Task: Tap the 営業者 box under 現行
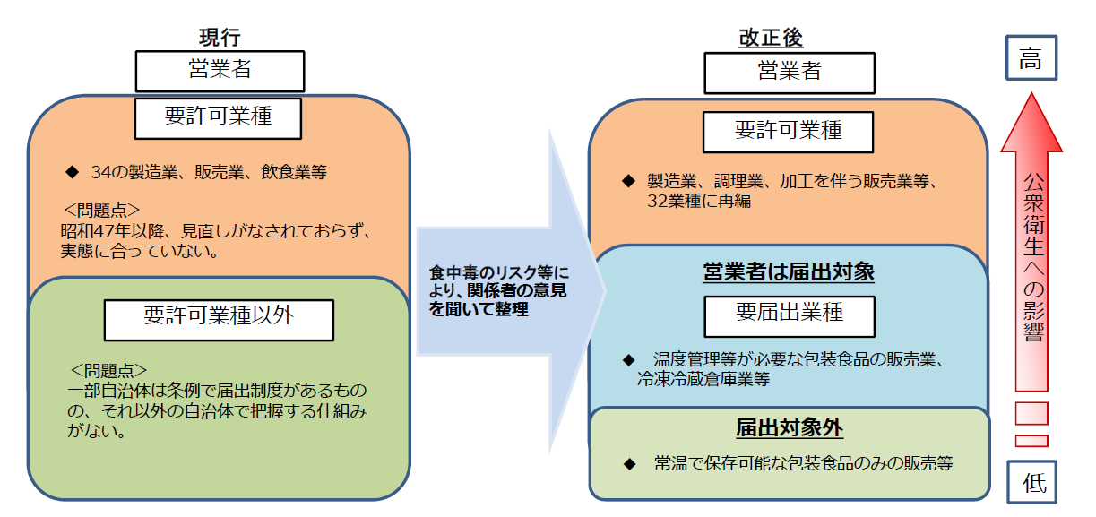pyautogui.click(x=220, y=70)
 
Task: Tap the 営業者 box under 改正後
pyautogui.click(x=789, y=72)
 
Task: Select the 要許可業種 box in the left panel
pyautogui.click(x=218, y=118)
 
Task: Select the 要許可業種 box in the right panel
pyautogui.click(x=788, y=132)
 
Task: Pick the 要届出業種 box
pyautogui.click(x=789, y=314)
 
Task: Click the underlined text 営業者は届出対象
pyautogui.click(x=788, y=271)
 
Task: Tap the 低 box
pyautogui.click(x=1032, y=482)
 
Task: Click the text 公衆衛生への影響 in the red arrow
pyautogui.click(x=1032, y=256)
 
